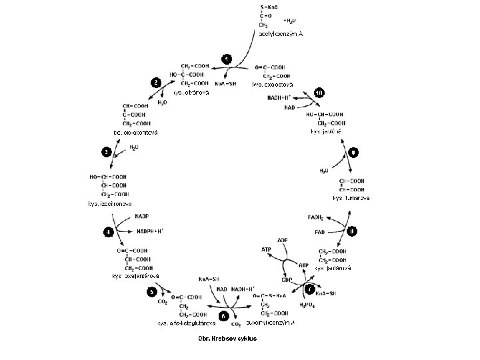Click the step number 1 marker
pyautogui.click(x=227, y=59)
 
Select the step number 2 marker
pyautogui.click(x=155, y=82)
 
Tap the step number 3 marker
pyautogui.click(x=107, y=152)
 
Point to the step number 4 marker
pyautogui.click(x=107, y=232)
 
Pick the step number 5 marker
pyautogui.click(x=153, y=291)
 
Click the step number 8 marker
pyautogui.click(x=353, y=231)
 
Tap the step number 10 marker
pyautogui.click(x=319, y=92)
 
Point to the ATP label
pyautogui.click(x=267, y=250)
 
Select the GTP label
pyautogui.click(x=304, y=265)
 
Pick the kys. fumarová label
pyautogui.click(x=351, y=198)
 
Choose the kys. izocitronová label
pyautogui.click(x=110, y=203)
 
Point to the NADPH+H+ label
pyautogui.click(x=151, y=231)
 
